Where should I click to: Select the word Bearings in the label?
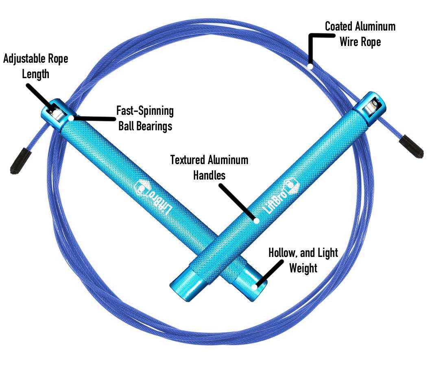tap(156, 126)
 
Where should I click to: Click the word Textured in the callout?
tap(187, 160)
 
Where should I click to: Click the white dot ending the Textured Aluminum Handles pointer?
tap(256, 221)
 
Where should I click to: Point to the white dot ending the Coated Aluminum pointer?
tap(310, 65)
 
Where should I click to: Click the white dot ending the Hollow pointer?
tap(254, 287)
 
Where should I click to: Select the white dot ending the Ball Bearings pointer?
tap(72, 118)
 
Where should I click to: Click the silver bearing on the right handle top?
tap(370, 108)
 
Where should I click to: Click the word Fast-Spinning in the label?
tap(145, 111)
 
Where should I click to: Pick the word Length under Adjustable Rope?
tap(36, 74)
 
